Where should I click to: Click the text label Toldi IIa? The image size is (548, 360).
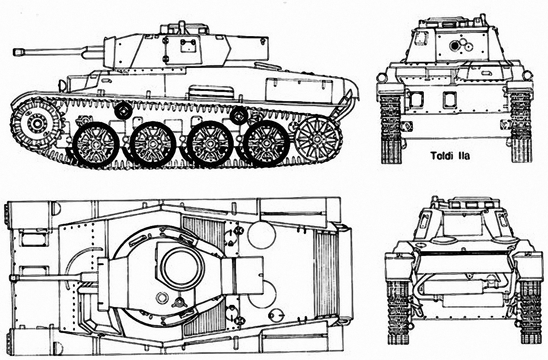click(x=450, y=156)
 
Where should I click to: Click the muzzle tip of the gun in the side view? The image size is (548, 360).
click(x=14, y=52)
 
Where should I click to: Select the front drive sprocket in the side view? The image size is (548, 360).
click(x=37, y=124)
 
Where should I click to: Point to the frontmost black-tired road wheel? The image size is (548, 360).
click(x=96, y=144)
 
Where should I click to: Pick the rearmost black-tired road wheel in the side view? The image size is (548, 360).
click(x=267, y=143)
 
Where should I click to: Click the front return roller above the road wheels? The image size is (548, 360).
click(x=123, y=111)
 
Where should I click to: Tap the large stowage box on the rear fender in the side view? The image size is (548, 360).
click(x=299, y=89)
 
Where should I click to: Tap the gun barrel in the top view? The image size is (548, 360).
click(x=49, y=277)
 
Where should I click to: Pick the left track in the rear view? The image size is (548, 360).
click(x=398, y=311)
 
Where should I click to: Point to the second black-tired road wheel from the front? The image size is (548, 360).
click(x=153, y=144)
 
